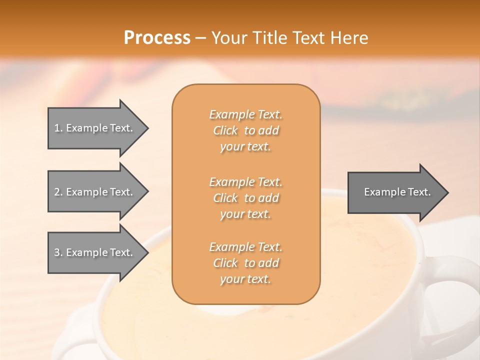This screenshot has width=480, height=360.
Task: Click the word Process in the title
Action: pyautogui.click(x=157, y=38)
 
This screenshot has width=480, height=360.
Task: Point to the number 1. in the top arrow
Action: pyautogui.click(x=58, y=128)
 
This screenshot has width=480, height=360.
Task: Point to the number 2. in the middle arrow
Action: pyautogui.click(x=58, y=192)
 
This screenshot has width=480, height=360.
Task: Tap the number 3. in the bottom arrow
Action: pyautogui.click(x=58, y=252)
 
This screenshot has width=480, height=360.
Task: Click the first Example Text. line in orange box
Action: pyautogui.click(x=245, y=114)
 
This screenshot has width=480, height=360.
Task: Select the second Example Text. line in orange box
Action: pyautogui.click(x=245, y=182)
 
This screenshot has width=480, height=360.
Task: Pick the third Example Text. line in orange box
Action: pyautogui.click(x=245, y=247)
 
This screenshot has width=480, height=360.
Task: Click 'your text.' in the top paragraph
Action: pyautogui.click(x=245, y=147)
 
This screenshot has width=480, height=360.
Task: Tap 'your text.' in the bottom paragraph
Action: pyautogui.click(x=245, y=279)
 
